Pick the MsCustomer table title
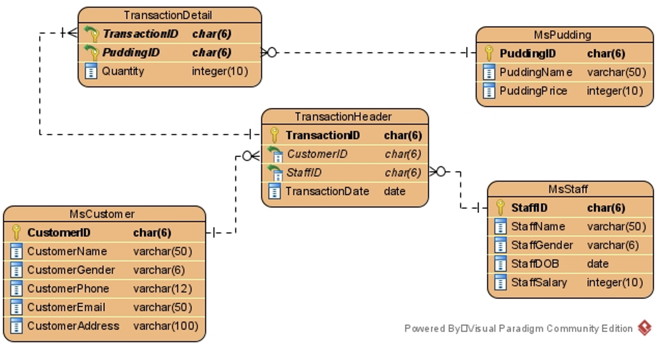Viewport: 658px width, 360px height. tap(102, 214)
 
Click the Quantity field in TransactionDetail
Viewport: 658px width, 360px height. tap(123, 71)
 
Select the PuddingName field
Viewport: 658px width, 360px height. tap(536, 72)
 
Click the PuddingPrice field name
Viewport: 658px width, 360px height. tap(533, 91)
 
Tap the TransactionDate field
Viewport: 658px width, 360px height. tap(327, 191)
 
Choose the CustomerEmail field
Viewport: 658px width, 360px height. tap(66, 307)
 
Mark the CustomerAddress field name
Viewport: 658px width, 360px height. tap(73, 326)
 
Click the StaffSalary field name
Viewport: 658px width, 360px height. tap(539, 282)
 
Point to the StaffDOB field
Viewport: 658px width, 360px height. tap(535, 264)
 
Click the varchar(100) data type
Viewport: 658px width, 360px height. tap(166, 326)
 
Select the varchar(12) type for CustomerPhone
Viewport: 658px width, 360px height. tap(163, 288)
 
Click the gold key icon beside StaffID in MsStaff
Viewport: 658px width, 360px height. tap(500, 208)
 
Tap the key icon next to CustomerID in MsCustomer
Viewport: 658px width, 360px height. tap(16, 232)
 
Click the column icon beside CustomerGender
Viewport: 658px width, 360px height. tap(16, 270)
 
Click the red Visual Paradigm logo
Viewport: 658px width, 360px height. tap(645, 328)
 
